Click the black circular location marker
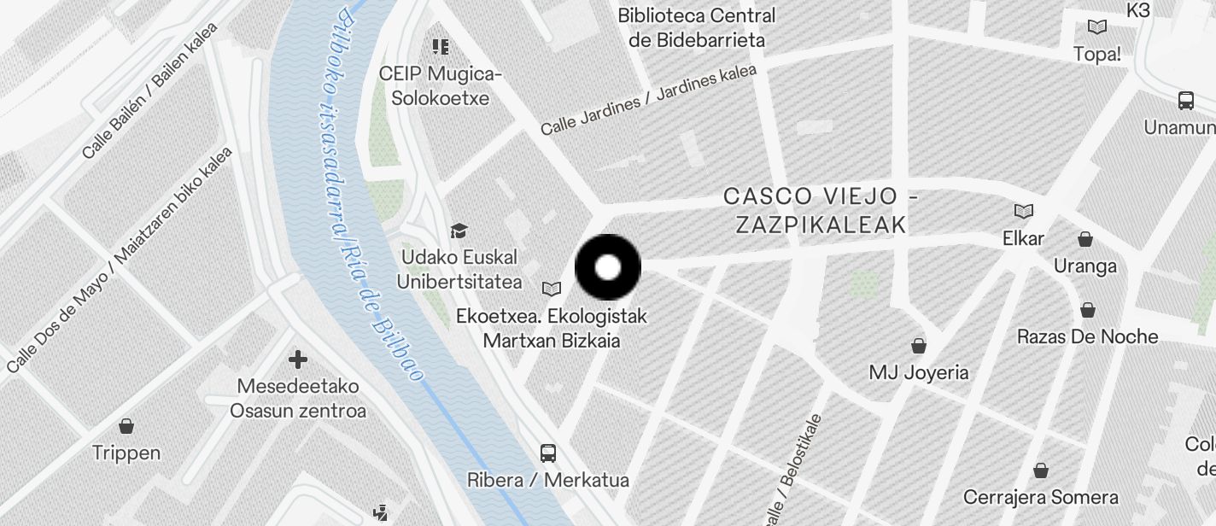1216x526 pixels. point(608,267)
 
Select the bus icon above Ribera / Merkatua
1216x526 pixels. point(548,453)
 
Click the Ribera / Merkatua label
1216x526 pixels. point(548,480)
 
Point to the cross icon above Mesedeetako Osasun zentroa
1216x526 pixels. point(298,359)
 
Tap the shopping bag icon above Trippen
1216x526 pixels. point(126,426)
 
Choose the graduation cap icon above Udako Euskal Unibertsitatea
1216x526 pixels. point(459,231)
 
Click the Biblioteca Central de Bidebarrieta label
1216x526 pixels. point(697,27)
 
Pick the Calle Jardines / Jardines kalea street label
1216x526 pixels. point(649,99)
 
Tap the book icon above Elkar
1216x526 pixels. point(1023,211)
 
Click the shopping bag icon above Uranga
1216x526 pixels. point(1084,239)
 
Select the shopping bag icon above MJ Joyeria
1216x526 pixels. point(919,346)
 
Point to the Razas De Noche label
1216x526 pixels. point(1087,336)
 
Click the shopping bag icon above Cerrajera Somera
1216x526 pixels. point(1040,470)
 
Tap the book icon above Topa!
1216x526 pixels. point(1097,27)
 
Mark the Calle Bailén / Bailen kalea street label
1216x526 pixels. point(150,91)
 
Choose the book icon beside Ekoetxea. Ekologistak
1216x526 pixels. point(552,289)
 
